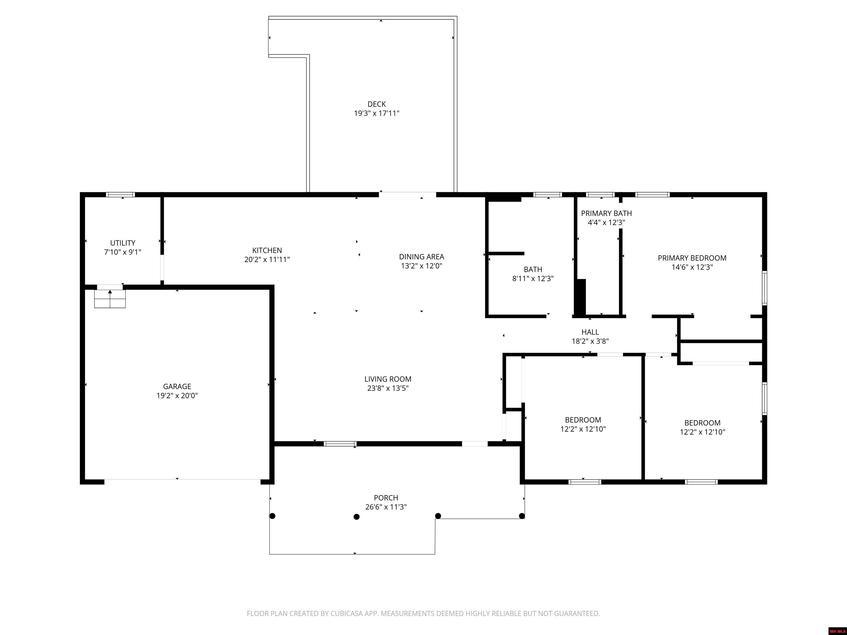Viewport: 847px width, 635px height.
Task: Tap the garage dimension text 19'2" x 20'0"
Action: click(x=177, y=396)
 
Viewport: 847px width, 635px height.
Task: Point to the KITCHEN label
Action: click(x=267, y=250)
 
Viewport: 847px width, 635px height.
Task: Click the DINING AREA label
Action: click(x=422, y=257)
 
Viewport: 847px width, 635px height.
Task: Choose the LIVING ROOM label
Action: click(x=388, y=379)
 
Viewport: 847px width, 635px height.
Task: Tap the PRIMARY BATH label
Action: click(x=607, y=214)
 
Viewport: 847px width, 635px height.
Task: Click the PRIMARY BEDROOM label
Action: click(x=692, y=258)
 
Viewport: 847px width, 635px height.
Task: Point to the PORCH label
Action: click(x=386, y=498)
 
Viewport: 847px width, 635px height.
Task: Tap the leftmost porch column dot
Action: click(x=273, y=516)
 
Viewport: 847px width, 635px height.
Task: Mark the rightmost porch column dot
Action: click(x=522, y=516)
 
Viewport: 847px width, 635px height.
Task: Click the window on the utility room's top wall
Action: click(x=120, y=195)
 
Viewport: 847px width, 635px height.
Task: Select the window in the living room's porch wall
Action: click(x=340, y=444)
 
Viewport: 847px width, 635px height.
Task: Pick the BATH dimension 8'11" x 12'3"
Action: click(x=533, y=279)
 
